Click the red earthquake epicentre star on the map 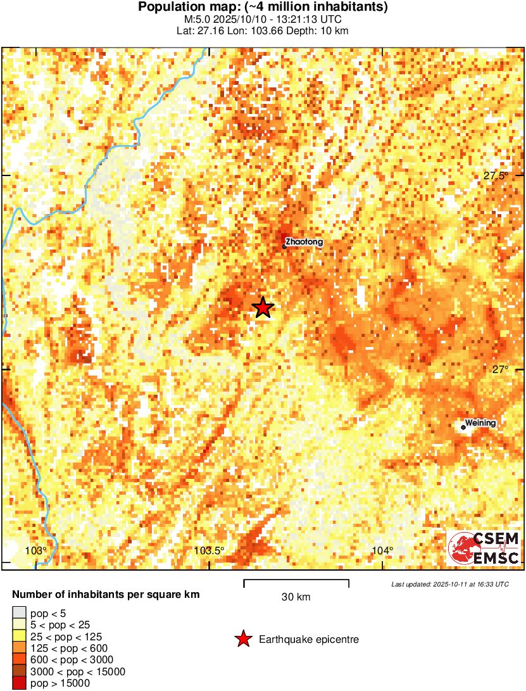click(x=263, y=308)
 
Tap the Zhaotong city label click(x=304, y=242)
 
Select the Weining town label click(x=480, y=423)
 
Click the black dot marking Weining click(x=463, y=428)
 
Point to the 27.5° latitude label click(x=496, y=175)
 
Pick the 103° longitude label click(x=37, y=550)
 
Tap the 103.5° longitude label click(x=209, y=550)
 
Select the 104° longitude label click(x=383, y=550)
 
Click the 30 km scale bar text click(x=296, y=597)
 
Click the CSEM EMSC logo click(x=484, y=548)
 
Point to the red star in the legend click(x=243, y=640)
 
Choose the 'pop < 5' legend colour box click(x=19, y=613)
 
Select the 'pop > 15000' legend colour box click(x=19, y=683)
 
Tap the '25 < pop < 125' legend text click(x=66, y=637)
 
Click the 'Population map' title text click(x=263, y=8)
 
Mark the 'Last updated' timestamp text click(x=449, y=584)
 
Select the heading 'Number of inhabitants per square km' click(x=106, y=595)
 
